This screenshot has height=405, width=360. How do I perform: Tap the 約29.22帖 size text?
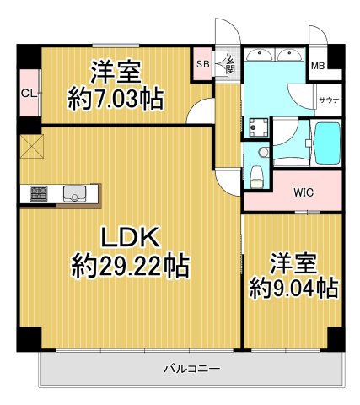click(130, 268)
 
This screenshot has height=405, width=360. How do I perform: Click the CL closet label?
click(28, 93)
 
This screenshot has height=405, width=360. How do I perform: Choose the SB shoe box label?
click(202, 63)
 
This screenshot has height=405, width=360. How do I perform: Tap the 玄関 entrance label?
click(229, 64)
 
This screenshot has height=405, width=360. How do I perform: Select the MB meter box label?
click(319, 66)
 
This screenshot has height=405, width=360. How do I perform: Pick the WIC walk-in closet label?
click(304, 192)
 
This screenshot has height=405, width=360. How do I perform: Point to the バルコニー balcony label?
click(192, 369)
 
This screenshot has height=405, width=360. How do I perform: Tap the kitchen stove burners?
click(40, 193)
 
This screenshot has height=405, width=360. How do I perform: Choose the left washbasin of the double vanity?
click(261, 54)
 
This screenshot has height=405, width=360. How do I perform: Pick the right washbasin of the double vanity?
click(290, 54)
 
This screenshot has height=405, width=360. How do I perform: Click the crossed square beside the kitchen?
click(32, 147)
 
